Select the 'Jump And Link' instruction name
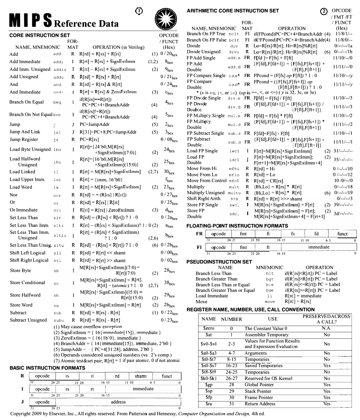(x=24, y=132)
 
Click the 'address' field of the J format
(x=118, y=402)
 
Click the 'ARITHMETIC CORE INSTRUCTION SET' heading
(x=233, y=10)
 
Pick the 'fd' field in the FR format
(x=316, y=233)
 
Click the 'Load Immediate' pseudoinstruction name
(x=212, y=296)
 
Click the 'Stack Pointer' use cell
(x=259, y=391)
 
